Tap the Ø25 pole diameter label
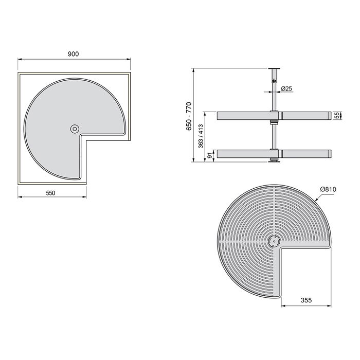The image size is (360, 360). tap(287, 89)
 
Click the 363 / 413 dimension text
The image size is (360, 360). tap(201, 136)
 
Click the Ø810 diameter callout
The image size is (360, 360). tap(327, 190)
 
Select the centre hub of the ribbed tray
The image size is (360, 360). tap(273, 240)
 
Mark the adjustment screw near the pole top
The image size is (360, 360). tap(273, 80)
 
